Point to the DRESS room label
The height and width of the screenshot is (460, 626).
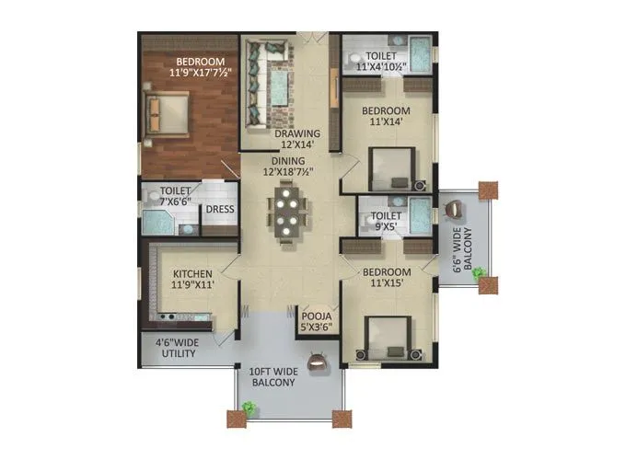tap(219, 209)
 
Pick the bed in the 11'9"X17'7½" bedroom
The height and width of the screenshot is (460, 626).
tap(168, 113)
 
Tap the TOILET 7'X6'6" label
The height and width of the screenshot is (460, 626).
tap(165, 196)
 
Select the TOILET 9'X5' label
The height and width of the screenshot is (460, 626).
tap(385, 223)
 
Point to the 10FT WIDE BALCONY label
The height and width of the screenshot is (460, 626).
tap(272, 376)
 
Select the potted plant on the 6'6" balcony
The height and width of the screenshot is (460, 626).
tap(478, 273)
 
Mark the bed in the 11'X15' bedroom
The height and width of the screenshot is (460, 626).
tap(387, 338)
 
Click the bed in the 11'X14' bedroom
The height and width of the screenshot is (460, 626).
tap(392, 169)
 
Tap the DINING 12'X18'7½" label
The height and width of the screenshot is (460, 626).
tap(288, 166)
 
